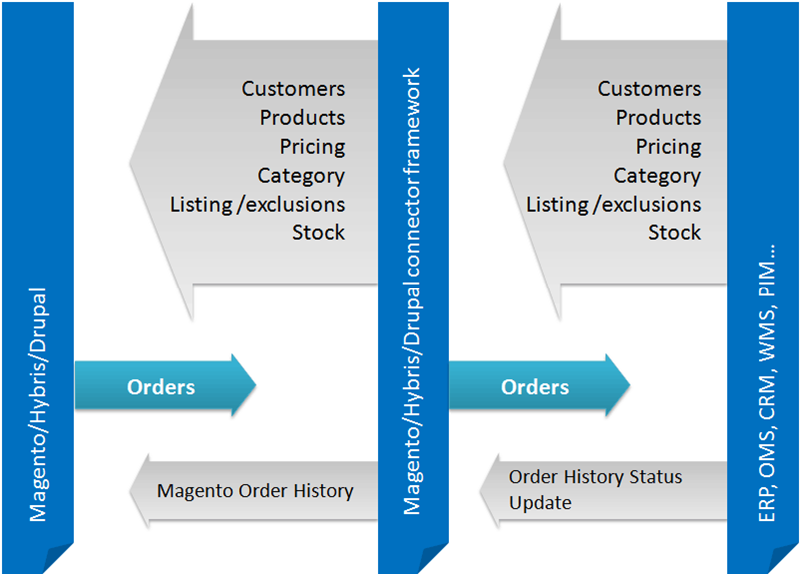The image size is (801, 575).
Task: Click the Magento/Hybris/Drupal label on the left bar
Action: coord(39,407)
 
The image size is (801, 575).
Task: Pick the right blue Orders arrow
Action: coord(537,386)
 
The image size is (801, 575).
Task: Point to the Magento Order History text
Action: coord(255,490)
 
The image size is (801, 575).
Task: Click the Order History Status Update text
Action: coord(595,489)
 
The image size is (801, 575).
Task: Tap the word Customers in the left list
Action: coord(293,89)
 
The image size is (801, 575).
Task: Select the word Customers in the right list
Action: coord(649,89)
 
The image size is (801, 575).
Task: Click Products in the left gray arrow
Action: coord(302,118)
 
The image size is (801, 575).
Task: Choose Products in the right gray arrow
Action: coord(658,118)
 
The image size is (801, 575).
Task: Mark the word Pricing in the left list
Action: coord(312,147)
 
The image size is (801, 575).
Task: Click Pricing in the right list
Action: coord(668,147)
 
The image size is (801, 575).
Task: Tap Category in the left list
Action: coord(301,176)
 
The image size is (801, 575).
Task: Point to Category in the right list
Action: coord(657,176)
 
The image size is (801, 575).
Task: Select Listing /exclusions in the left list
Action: coord(257,205)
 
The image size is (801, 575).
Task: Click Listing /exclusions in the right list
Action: coord(613,205)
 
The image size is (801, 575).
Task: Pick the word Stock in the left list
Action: coord(318,233)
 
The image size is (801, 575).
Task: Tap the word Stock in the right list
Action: coord(674,233)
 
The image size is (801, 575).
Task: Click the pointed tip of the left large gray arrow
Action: coord(132,161)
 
